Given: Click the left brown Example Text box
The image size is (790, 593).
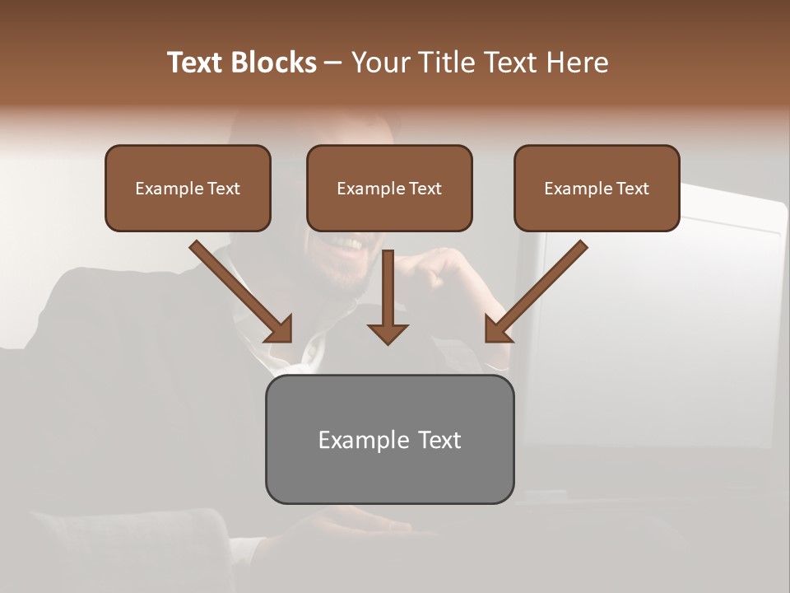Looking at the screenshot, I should tap(188, 188).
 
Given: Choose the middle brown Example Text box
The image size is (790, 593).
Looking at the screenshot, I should tap(389, 188).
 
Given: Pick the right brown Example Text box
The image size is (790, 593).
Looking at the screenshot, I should tap(597, 188).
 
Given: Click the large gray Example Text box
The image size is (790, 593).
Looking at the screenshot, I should tap(389, 439).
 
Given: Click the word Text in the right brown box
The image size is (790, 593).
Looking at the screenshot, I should tap(632, 189).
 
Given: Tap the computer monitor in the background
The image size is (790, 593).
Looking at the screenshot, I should tap(658, 329).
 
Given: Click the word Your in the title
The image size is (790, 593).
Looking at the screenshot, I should tap(379, 63).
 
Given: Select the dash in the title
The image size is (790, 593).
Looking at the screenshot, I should tap(333, 63).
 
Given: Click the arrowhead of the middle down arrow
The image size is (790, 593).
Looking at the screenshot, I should tap(388, 333).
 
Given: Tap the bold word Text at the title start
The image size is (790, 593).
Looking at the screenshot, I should tap(196, 63).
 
